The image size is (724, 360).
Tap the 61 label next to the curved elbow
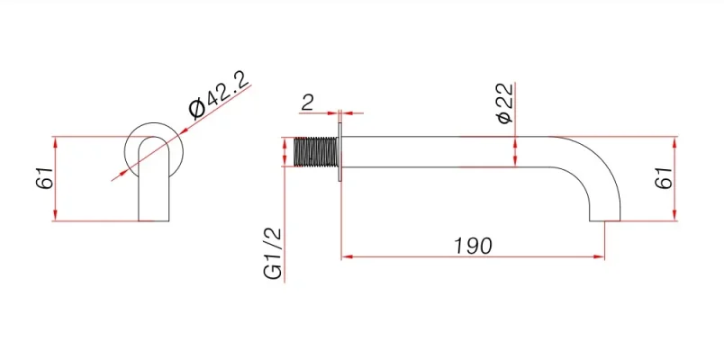coord(663,178)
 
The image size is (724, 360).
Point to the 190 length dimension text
coord(472,245)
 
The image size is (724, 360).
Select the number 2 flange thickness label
coord(308,102)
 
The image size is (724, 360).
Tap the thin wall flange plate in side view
coord(339,152)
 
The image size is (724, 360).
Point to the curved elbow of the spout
coord(594,162)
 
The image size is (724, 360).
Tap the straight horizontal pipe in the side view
coord(450,152)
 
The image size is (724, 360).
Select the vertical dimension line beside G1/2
coord(285,225)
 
